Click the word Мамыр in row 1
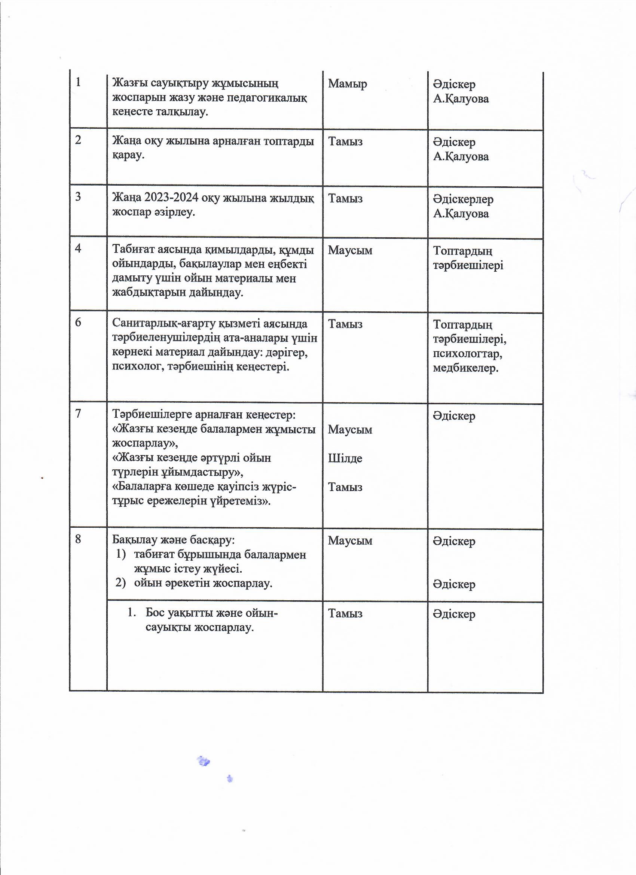click(x=347, y=84)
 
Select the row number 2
click(x=78, y=140)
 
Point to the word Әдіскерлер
click(x=463, y=199)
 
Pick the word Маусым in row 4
click(x=350, y=250)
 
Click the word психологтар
click(x=467, y=353)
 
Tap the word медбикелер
click(x=465, y=368)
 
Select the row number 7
click(x=78, y=414)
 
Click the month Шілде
click(x=345, y=458)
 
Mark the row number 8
click(x=78, y=539)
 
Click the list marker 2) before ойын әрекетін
click(x=121, y=583)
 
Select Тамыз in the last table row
click(x=345, y=613)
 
